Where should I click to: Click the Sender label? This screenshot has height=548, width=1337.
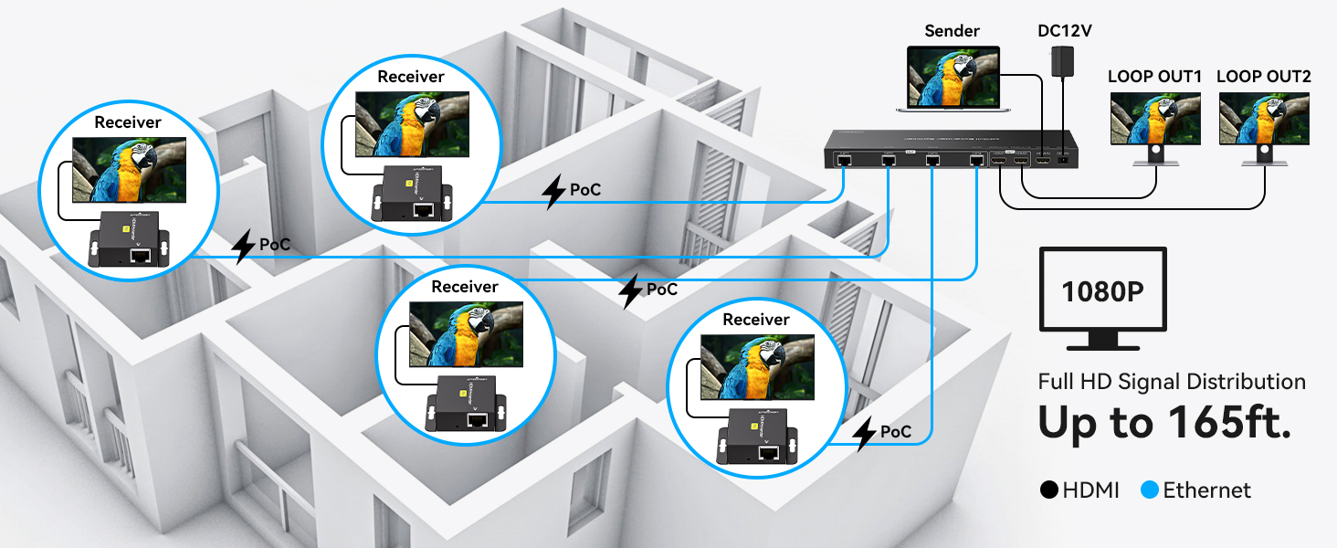953,31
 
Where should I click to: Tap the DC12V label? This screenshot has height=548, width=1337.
1065,31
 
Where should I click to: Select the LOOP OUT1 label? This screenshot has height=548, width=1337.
1154,77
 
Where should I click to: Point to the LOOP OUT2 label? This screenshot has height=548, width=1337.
1264,77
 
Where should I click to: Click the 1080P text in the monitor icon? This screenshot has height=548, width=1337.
1103,291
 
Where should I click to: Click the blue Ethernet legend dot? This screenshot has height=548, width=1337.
1149,490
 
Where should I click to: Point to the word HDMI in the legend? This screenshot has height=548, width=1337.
1091,490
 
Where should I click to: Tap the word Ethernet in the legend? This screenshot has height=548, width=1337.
1206,490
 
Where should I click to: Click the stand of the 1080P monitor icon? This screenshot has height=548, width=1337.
1103,340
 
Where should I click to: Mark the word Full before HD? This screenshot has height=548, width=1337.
1056,382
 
